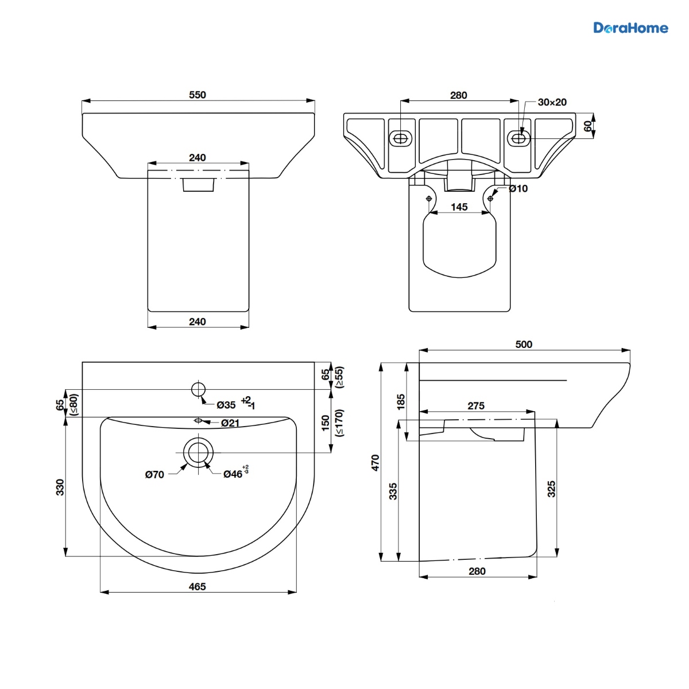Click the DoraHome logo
coord(630,28)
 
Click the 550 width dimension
coord(198,95)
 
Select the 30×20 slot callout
coord(552,102)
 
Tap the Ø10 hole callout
coord(518,188)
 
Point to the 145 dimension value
coord(459,207)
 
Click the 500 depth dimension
coord(524,344)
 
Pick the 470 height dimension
coord(375,463)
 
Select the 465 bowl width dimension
coord(198,587)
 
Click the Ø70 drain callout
coord(154,474)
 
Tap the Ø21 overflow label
coord(230,423)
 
